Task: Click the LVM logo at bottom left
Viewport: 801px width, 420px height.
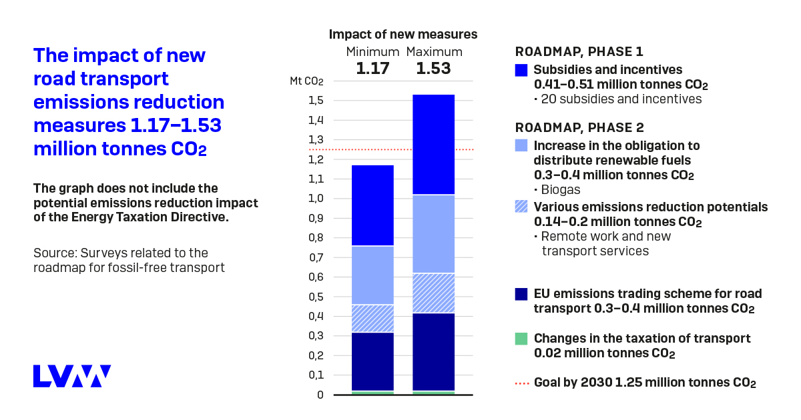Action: (x=72, y=376)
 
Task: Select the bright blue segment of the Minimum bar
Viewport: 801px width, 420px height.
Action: (x=372, y=205)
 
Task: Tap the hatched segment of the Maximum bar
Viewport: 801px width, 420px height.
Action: (x=434, y=293)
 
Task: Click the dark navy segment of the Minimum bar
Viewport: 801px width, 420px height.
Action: (x=372, y=361)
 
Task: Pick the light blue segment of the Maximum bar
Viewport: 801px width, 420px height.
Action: (x=434, y=233)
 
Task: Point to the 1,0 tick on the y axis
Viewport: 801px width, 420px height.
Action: (x=316, y=199)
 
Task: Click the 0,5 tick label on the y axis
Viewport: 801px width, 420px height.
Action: (x=316, y=297)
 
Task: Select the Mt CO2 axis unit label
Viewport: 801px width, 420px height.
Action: (x=306, y=81)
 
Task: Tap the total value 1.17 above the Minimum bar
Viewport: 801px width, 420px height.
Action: (x=372, y=68)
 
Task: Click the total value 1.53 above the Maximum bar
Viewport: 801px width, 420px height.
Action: (x=434, y=68)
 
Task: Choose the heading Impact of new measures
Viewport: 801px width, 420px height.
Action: (x=403, y=35)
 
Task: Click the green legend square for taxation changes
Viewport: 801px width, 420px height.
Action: (x=521, y=339)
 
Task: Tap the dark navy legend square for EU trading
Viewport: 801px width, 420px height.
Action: (x=521, y=294)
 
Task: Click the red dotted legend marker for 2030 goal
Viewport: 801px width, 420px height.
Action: (x=521, y=383)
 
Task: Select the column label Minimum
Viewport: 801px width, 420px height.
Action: (x=372, y=52)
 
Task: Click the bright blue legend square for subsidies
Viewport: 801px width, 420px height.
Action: (x=521, y=70)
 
